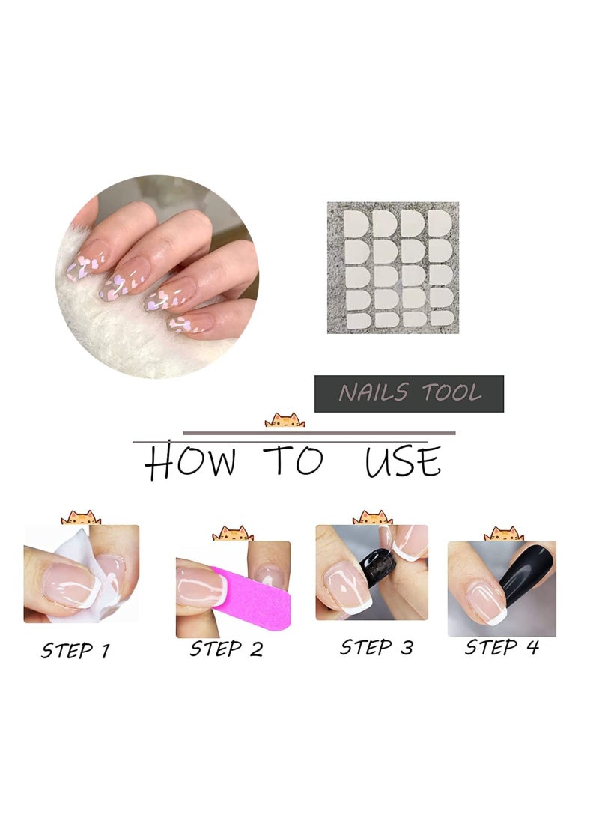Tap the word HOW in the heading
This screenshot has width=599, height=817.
pyautogui.click(x=190, y=462)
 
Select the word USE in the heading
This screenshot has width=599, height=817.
pyautogui.click(x=403, y=462)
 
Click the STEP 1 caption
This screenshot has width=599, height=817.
pyautogui.click(x=75, y=650)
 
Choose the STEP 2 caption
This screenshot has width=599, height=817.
pyautogui.click(x=226, y=648)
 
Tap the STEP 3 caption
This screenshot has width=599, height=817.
pyautogui.click(x=377, y=646)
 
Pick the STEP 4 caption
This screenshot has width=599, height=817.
pyautogui.click(x=502, y=646)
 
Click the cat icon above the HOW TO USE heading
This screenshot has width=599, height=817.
pyautogui.click(x=285, y=421)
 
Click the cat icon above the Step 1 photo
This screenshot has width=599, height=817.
pyautogui.click(x=81, y=518)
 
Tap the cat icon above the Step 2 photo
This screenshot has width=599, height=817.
pyautogui.click(x=233, y=534)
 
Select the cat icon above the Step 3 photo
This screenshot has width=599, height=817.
pyautogui.click(x=372, y=518)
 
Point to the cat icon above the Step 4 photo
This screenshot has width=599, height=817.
pyautogui.click(x=503, y=535)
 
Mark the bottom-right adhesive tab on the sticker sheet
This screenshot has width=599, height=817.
pyautogui.click(x=440, y=318)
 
